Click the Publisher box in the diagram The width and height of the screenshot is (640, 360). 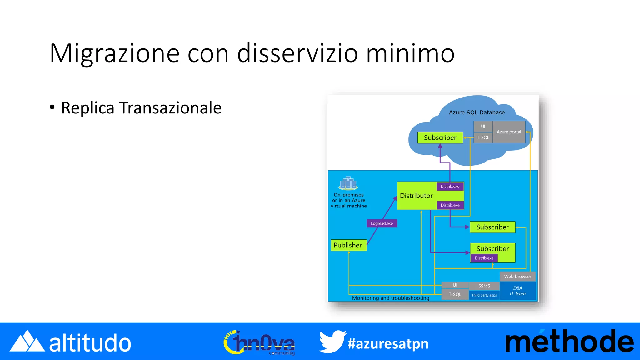pos(348,245)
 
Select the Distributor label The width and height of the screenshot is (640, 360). pos(416,196)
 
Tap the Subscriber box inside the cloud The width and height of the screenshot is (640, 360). pos(440,137)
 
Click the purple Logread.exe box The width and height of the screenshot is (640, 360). pos(382,223)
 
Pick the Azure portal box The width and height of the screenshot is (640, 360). pos(509,132)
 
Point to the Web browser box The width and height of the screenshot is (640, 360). pos(517,277)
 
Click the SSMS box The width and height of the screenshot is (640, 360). pos(484,286)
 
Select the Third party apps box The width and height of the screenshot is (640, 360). pos(484,295)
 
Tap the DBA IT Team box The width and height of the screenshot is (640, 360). pos(518,291)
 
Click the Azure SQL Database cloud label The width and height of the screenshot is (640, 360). pos(477,112)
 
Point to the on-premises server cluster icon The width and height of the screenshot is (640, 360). pos(348,183)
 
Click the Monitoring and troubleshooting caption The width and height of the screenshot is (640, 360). pos(391,298)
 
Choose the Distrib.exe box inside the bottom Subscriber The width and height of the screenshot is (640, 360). pos(484,258)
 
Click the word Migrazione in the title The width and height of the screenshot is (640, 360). pos(114,53)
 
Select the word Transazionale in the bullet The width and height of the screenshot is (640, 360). pos(170,108)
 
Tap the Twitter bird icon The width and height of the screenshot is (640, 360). pos(332,342)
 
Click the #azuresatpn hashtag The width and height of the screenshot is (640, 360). pos(388,344)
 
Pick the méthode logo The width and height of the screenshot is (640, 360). pos(569,342)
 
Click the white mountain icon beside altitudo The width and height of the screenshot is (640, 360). pos(27,342)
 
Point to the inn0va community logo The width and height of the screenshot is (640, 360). pos(259,343)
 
